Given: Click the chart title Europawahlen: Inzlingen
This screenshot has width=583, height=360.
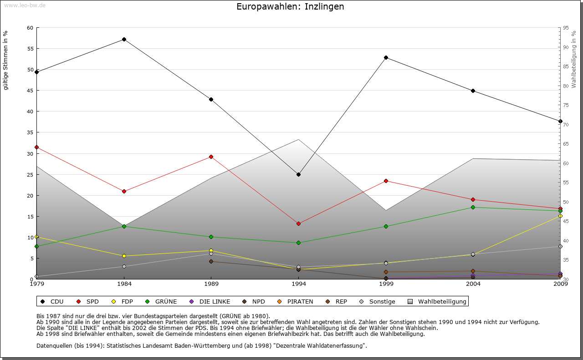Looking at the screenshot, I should coord(290,7).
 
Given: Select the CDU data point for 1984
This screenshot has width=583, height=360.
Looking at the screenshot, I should coord(124,40).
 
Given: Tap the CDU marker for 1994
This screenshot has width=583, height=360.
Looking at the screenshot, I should coord(298,174).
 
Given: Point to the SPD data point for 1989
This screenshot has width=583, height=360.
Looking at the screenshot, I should coord(211,157).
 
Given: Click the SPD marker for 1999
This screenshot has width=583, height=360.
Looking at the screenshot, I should coord(386,181).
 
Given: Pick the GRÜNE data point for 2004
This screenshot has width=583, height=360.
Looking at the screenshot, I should coord(473,207).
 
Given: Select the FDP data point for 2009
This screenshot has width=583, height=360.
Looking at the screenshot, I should coord(560,216).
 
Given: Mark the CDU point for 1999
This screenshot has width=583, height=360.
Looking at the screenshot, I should coord(386,57).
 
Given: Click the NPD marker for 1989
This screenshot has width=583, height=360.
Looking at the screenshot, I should coord(211,261).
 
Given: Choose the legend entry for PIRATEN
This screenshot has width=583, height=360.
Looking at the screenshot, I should coord(296,301).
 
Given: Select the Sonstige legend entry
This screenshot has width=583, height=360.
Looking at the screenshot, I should coord(378,301).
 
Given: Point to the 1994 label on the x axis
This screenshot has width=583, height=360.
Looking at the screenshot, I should coord(298,284).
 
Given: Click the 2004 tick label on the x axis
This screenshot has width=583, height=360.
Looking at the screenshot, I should coord(473,284).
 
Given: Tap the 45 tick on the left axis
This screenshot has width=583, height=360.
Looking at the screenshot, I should coord(30,91).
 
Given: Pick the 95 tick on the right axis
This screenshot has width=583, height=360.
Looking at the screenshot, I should coord(566,28).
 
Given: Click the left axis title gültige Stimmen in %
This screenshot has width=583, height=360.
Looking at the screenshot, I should coord(6,60).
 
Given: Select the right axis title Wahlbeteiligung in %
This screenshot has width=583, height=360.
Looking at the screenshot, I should coord(574,59).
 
